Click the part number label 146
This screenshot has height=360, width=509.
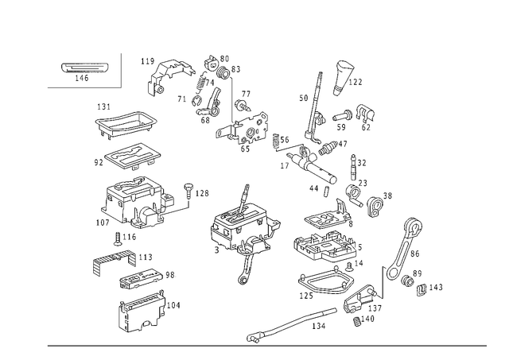[x=81, y=78]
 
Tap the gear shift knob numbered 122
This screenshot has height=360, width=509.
[x=343, y=78]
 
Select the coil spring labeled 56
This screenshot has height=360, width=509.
[x=276, y=141]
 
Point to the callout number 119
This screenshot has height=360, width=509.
[x=147, y=61]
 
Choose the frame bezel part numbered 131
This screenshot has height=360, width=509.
[x=126, y=125]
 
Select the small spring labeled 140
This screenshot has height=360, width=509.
[x=357, y=322]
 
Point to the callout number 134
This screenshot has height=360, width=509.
[x=318, y=326]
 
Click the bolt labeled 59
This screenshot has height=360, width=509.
[x=342, y=116]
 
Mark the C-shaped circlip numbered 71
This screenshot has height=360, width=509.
[x=196, y=101]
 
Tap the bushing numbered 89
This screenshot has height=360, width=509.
[x=407, y=281]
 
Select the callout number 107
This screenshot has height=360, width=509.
[x=103, y=223]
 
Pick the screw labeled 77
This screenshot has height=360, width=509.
[x=242, y=105]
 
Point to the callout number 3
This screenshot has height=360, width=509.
[x=216, y=250]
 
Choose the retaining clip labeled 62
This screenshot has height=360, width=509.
[x=366, y=112]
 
